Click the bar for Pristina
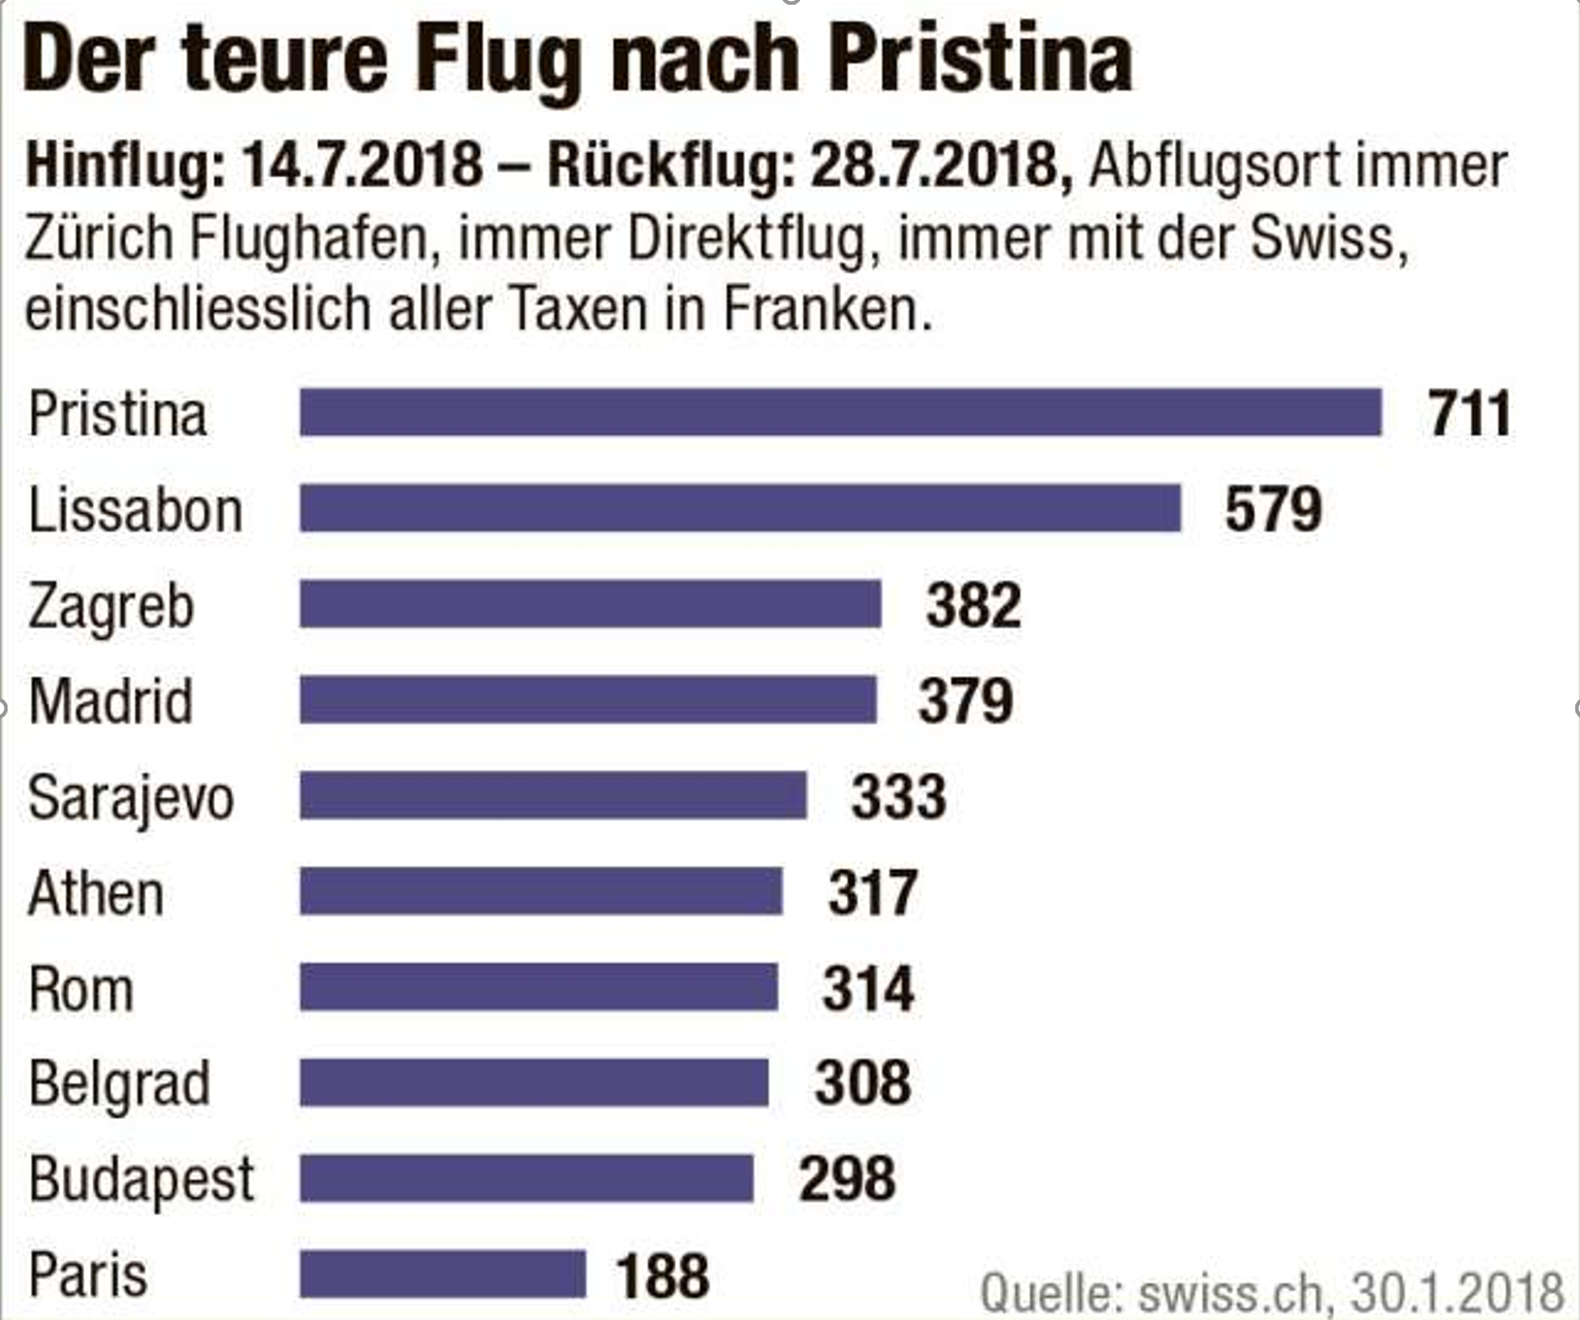[x=840, y=413]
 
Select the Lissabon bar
[x=740, y=508]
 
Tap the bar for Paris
[x=443, y=1275]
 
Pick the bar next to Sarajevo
[x=553, y=795]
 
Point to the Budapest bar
[x=526, y=1179]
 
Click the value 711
[x=1469, y=414]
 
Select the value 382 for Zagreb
[x=973, y=605]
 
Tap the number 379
[x=966, y=701]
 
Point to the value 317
[x=873, y=893]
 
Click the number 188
[x=662, y=1275]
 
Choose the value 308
[x=862, y=1083]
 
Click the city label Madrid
[x=111, y=702]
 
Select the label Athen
[x=96, y=893]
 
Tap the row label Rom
[x=80, y=990]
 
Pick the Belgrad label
[x=119, y=1084]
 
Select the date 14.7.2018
[x=363, y=165]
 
